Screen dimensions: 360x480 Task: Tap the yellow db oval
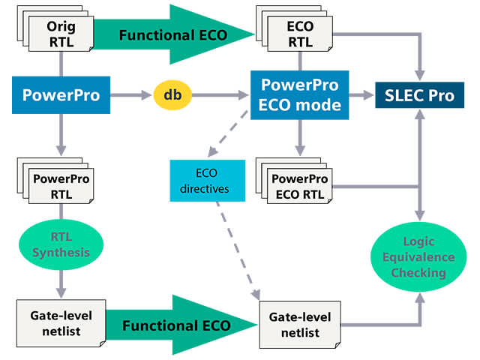coord(172,95)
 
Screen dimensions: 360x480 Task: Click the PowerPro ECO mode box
coord(300,95)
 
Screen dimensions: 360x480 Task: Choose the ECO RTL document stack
coord(300,34)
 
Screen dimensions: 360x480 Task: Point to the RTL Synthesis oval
coord(61,244)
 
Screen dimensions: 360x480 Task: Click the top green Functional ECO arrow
coord(176,34)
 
